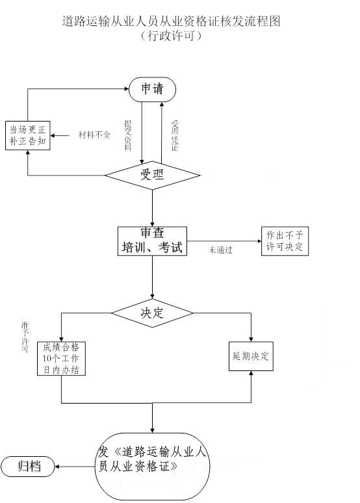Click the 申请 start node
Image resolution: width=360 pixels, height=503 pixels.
pyautogui.click(x=153, y=89)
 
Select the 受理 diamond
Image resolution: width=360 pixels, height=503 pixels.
pyautogui.click(x=153, y=175)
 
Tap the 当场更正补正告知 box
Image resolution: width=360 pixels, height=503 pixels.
pyautogui.click(x=27, y=135)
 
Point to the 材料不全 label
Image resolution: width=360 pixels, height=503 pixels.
pyautogui.click(x=94, y=135)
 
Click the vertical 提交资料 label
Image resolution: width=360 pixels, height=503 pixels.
pyautogui.click(x=128, y=136)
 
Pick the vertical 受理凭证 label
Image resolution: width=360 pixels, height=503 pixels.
pyautogui.click(x=175, y=136)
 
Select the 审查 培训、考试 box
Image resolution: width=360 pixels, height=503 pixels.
pyautogui.click(x=153, y=241)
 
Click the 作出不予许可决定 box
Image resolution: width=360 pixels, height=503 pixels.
pyautogui.click(x=285, y=241)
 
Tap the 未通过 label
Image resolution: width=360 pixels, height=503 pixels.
pyautogui.click(x=221, y=250)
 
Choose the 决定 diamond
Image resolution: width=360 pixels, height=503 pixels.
pyautogui.click(x=153, y=313)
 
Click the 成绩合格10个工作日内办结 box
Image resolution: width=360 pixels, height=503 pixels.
pyautogui.click(x=61, y=358)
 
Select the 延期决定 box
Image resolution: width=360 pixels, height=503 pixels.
pyautogui.click(x=251, y=356)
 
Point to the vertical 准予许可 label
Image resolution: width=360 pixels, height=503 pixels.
pyautogui.click(x=25, y=337)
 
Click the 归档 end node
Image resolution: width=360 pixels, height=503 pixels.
pyautogui.click(x=28, y=466)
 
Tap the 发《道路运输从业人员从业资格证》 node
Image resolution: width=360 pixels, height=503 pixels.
pyautogui.click(x=153, y=466)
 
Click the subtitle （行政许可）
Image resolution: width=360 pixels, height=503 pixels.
pyautogui.click(x=171, y=36)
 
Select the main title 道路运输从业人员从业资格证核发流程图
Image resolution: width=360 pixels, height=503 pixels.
pyautogui.click(x=171, y=21)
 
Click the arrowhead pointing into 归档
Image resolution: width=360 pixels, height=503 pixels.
pyautogui.click(x=57, y=467)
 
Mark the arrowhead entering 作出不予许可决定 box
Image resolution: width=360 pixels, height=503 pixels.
pyautogui.click(x=259, y=241)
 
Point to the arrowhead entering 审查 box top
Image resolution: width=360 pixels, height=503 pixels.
pyautogui.click(x=153, y=224)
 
